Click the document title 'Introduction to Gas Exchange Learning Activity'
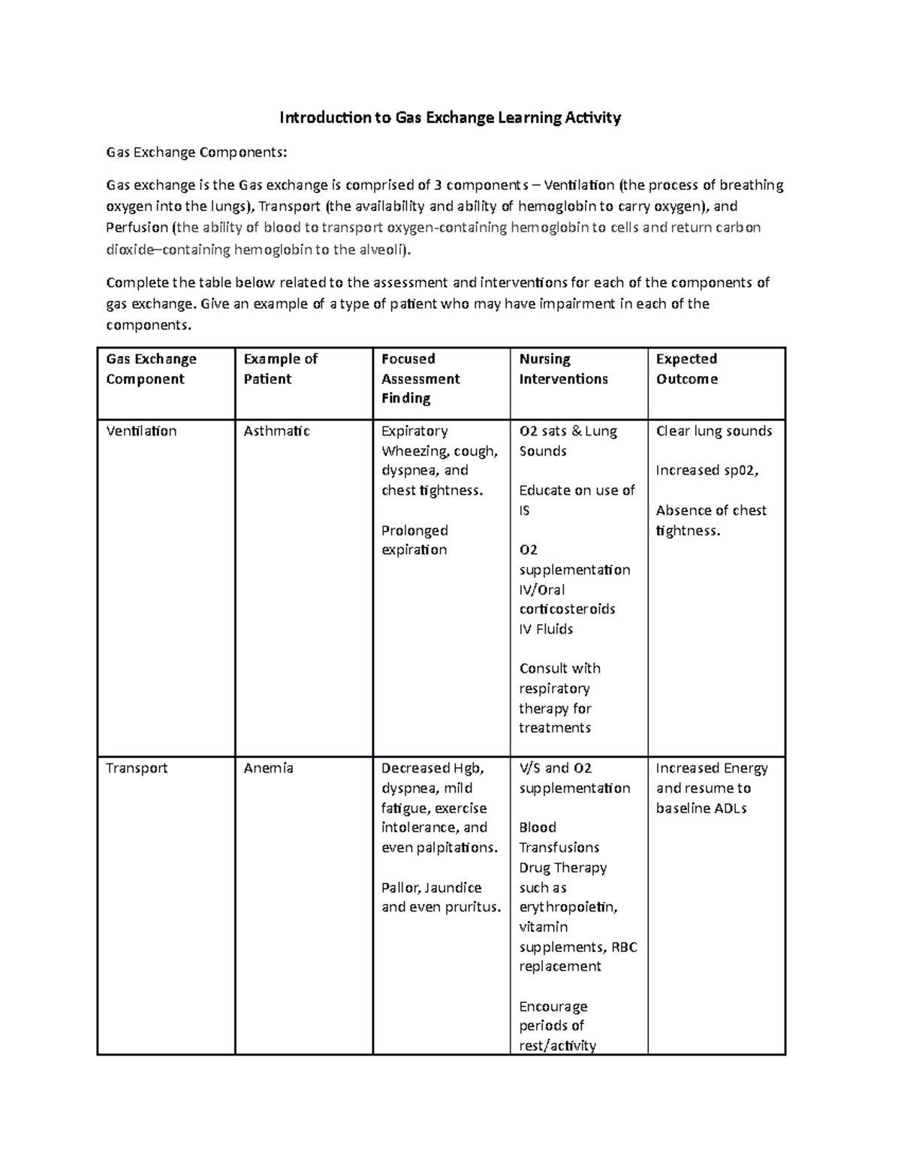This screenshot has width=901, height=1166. tap(450, 118)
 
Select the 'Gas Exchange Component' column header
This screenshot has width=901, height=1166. tap(151, 369)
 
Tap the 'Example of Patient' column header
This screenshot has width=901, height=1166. tap(280, 369)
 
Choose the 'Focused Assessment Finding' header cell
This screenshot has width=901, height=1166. tap(420, 378)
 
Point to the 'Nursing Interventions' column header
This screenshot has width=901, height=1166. tap(563, 369)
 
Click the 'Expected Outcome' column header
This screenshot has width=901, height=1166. tap(686, 369)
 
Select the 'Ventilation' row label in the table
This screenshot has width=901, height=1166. tap(141, 431)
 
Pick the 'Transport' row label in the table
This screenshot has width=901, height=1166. tap(137, 768)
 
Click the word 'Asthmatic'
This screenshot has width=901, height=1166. tap(276, 431)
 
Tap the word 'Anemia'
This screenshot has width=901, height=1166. tap(268, 768)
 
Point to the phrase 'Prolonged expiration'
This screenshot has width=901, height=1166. tap(414, 540)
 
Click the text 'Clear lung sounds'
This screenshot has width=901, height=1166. tap(713, 431)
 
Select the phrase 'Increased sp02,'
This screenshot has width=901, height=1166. tap(707, 471)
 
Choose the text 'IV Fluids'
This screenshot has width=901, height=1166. tap(546, 629)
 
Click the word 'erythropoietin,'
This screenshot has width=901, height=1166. tap(568, 907)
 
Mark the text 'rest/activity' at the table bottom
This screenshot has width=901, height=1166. tap(557, 1046)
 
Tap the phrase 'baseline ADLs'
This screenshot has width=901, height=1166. tap(701, 809)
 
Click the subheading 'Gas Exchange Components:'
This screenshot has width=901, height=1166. tap(196, 153)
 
